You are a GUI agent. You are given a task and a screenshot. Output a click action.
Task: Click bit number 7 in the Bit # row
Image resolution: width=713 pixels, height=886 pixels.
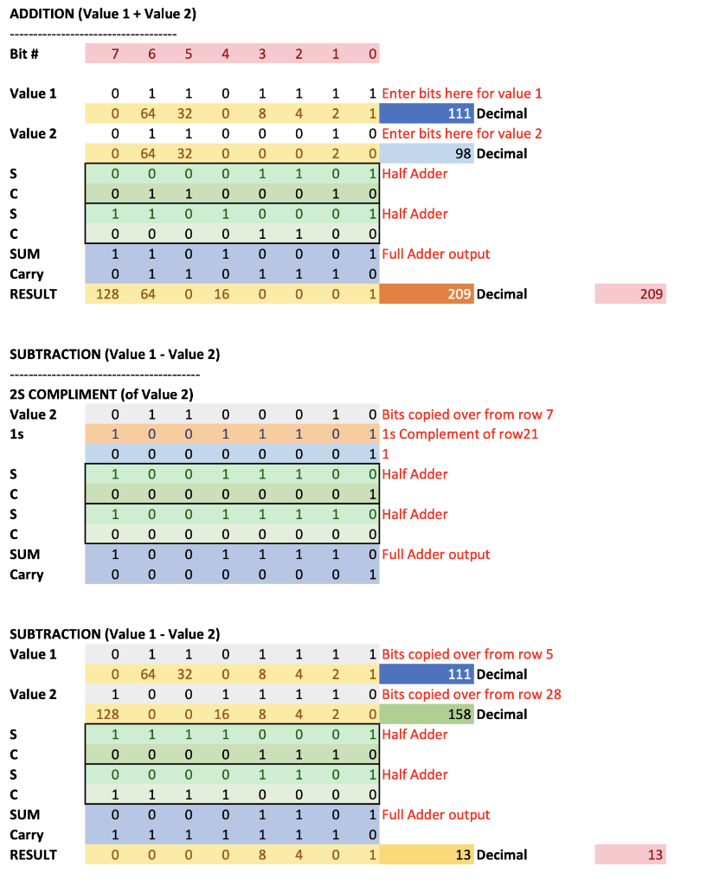[114, 54]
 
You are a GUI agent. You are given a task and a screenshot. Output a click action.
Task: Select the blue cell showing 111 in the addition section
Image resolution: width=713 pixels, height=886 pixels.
[426, 113]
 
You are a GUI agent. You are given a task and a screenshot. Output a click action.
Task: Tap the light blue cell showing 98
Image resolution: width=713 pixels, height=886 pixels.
[426, 154]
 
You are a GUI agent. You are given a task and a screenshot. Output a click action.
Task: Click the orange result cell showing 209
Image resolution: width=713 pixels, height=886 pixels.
[426, 294]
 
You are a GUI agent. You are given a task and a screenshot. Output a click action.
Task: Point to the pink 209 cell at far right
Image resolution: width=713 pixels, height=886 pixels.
[631, 294]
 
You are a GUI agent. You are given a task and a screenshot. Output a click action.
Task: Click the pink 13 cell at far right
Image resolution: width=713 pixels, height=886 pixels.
[631, 855]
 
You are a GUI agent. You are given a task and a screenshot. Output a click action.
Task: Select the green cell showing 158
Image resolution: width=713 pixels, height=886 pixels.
[426, 715]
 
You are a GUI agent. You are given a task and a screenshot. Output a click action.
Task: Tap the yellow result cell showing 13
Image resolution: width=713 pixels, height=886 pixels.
[426, 855]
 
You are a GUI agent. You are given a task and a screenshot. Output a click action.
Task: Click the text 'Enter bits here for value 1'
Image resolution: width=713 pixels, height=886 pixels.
[462, 93]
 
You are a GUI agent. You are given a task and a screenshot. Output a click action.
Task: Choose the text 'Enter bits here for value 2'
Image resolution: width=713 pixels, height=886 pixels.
[462, 134]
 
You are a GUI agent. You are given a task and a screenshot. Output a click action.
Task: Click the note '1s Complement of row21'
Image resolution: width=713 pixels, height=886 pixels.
[459, 434]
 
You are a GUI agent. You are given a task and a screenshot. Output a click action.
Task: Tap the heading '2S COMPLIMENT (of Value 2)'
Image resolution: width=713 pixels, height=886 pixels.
[101, 395]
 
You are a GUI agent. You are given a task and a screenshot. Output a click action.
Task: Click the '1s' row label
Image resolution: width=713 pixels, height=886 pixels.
[16, 434]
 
